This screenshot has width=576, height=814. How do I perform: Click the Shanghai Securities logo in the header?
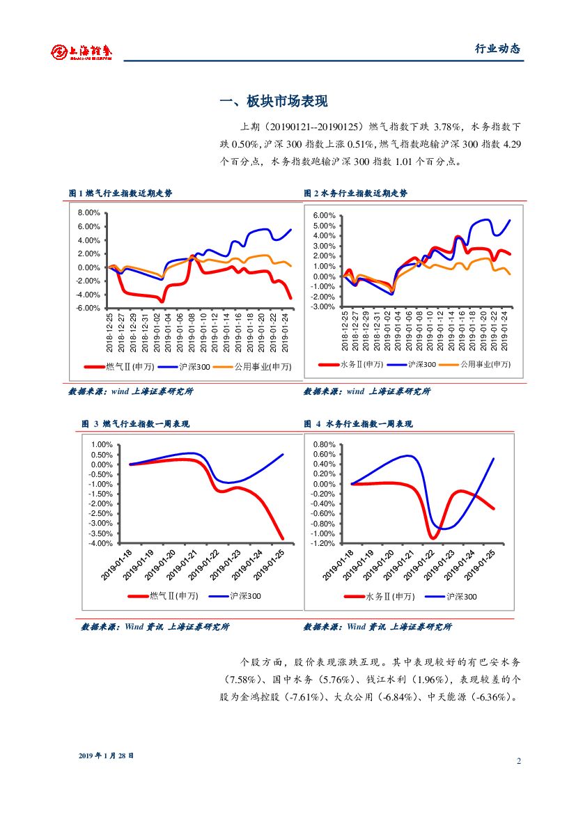click(x=82, y=51)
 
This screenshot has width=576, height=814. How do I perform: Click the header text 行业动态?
click(x=497, y=49)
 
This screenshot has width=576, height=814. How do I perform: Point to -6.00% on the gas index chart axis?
click(x=90, y=308)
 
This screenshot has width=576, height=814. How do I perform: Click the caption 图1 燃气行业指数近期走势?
click(x=120, y=193)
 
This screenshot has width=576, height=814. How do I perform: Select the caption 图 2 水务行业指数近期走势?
click(x=355, y=193)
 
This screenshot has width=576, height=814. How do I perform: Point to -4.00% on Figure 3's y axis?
click(x=101, y=543)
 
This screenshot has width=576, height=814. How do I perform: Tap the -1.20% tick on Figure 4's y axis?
click(x=325, y=543)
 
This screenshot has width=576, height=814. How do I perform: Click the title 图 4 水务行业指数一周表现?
click(x=358, y=423)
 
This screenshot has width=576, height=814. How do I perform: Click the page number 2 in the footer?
click(x=519, y=760)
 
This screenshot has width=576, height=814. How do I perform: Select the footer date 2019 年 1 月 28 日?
click(x=106, y=756)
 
